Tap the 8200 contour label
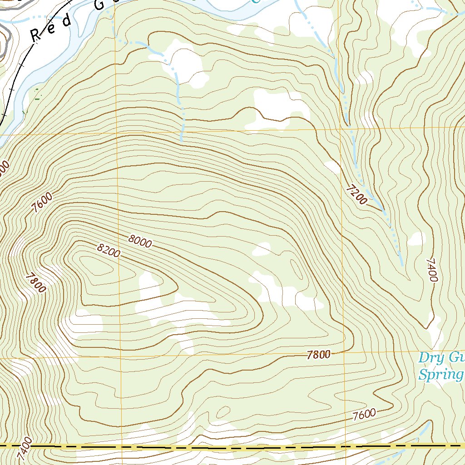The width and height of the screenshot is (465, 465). tap(109, 250)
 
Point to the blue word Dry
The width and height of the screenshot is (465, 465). tap(430, 358)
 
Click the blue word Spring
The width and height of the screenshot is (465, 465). tap(440, 375)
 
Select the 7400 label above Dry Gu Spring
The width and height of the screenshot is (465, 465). tap(431, 270)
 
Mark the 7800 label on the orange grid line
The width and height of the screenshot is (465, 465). tap(318, 355)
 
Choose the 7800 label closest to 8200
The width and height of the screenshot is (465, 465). tap(36, 282)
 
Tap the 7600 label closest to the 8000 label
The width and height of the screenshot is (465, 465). tap(42, 203)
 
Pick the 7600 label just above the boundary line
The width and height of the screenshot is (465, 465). tap(364, 414)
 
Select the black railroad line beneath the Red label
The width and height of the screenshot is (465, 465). tap(18, 68)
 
